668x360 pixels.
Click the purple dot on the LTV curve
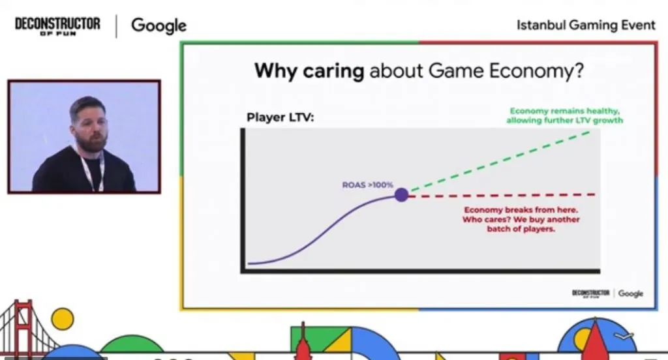(401, 194)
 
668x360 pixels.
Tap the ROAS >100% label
(368, 185)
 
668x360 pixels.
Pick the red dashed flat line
(502, 195)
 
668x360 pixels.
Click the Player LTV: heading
(279, 118)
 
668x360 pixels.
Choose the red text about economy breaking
(521, 220)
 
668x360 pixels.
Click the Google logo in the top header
(159, 25)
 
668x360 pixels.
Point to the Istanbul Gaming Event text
(586, 25)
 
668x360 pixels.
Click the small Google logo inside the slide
(630, 293)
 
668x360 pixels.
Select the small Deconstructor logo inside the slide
(591, 293)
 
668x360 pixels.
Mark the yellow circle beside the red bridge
(63, 319)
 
